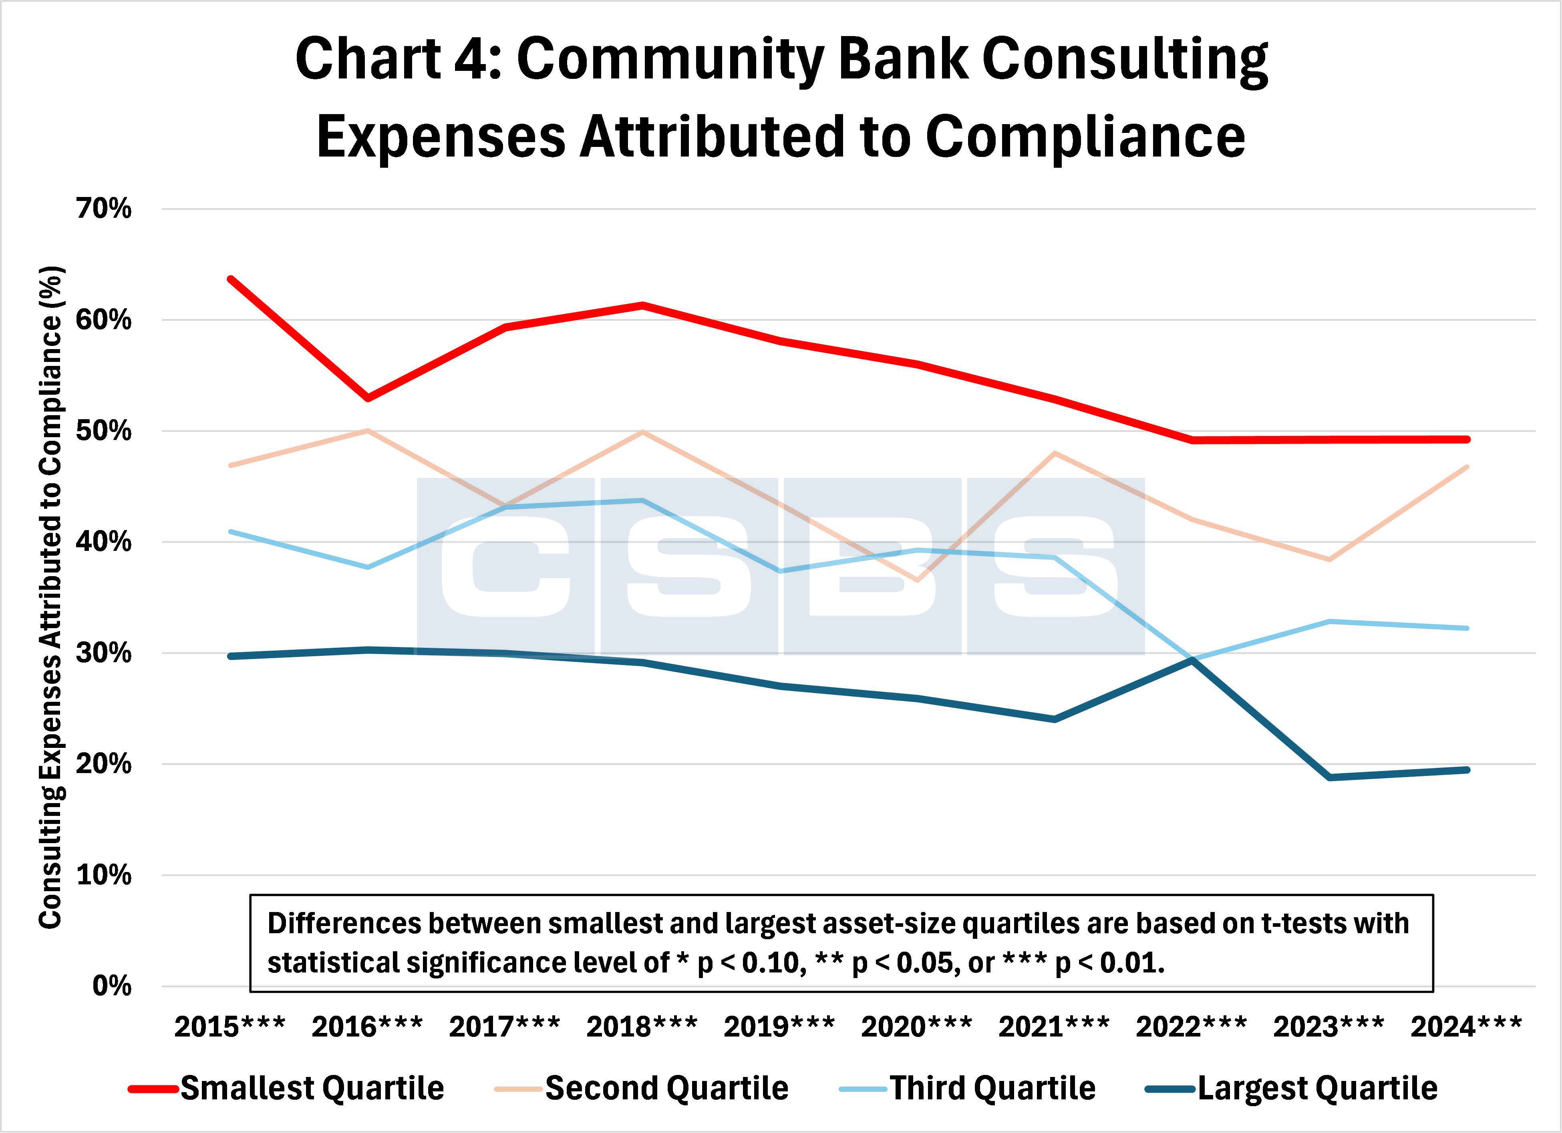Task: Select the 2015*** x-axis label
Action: pyautogui.click(x=229, y=1027)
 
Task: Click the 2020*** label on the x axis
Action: pyautogui.click(x=916, y=1027)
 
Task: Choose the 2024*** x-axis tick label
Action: pyautogui.click(x=1465, y=1027)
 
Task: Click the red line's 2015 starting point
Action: pyautogui.click(x=231, y=279)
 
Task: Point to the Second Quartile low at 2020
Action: pyautogui.click(x=917, y=580)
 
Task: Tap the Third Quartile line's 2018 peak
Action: pyautogui.click(x=642, y=500)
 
